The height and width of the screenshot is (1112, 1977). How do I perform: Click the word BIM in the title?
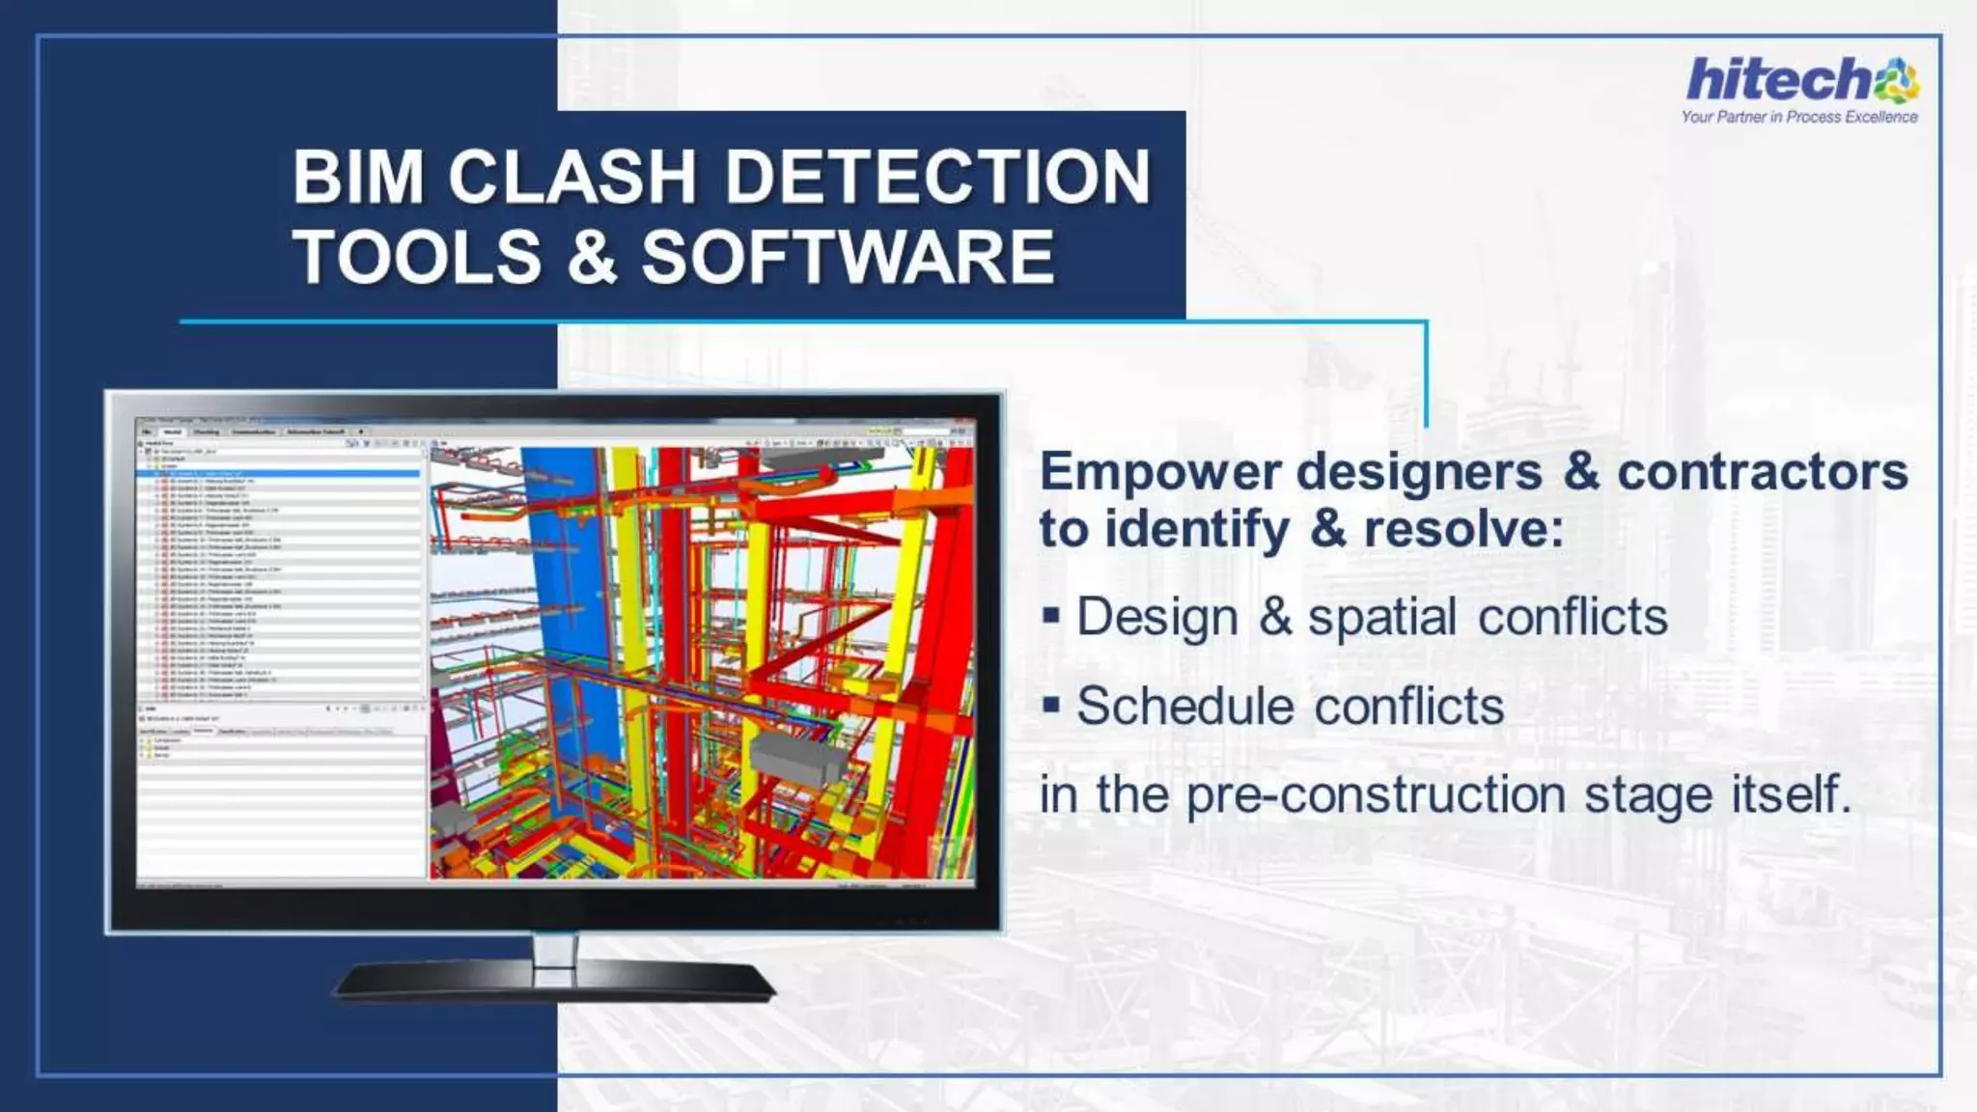coord(358,177)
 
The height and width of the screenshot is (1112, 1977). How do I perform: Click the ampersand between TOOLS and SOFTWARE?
coord(592,257)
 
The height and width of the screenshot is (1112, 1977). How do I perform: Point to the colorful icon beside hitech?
coord(1897,80)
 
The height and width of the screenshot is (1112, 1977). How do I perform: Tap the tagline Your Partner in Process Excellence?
coord(1798,117)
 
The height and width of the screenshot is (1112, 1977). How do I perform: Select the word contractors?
coord(1762,472)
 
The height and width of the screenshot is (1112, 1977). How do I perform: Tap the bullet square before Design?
coord(1052,615)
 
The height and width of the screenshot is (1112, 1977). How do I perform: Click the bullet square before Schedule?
coord(1052,704)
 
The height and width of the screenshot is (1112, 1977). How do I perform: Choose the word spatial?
coord(1381,617)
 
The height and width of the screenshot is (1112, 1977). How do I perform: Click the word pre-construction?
coord(1376,795)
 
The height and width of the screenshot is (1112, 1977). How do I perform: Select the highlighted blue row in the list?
coord(280,473)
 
